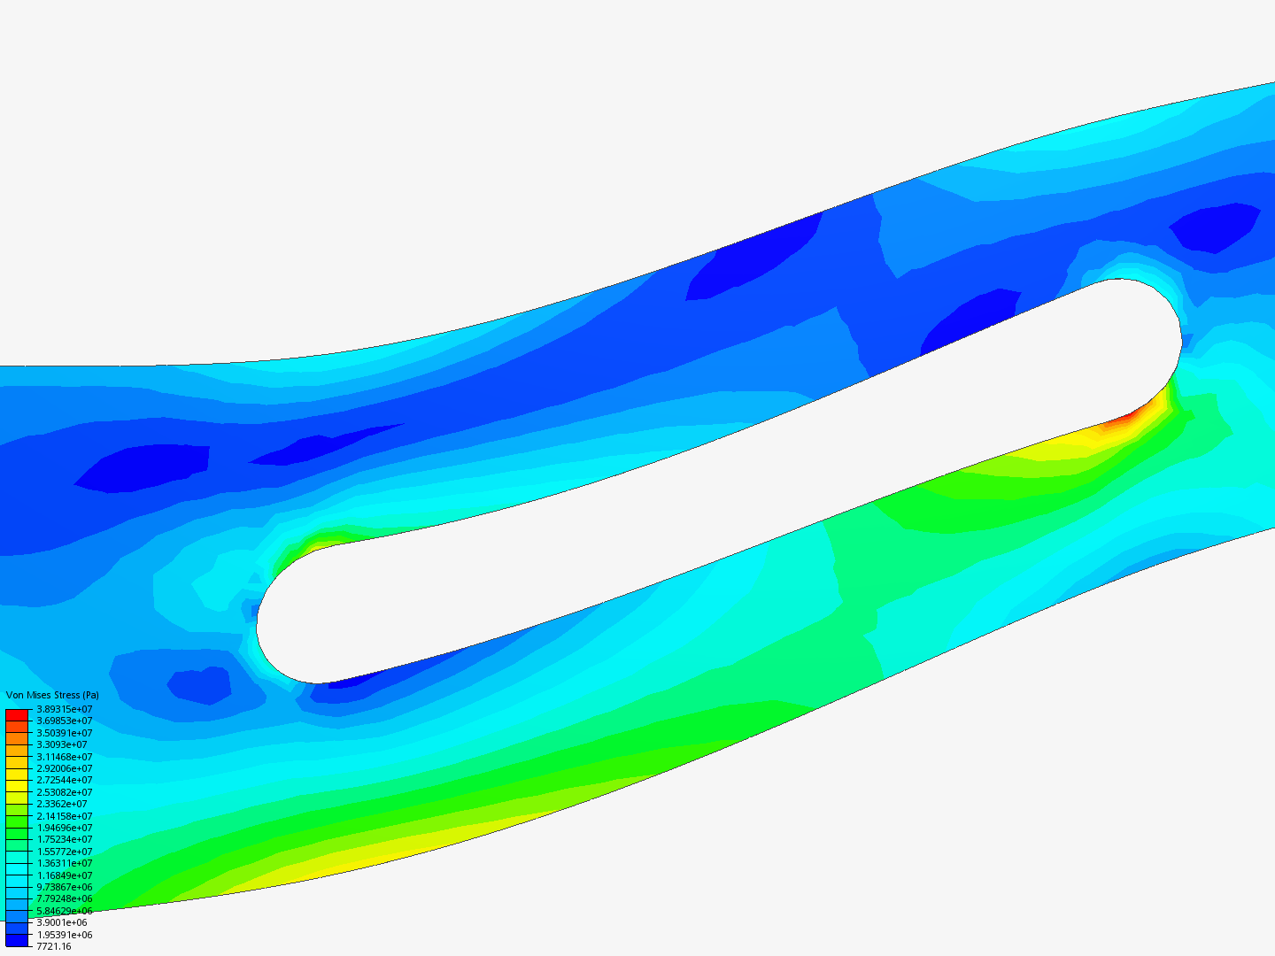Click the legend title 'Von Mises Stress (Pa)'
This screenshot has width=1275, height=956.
pos(52,695)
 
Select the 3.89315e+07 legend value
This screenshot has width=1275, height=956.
pos(65,709)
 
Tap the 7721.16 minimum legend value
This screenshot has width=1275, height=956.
pos(54,946)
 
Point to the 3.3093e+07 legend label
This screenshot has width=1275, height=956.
pos(62,744)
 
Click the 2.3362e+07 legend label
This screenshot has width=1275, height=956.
pos(62,804)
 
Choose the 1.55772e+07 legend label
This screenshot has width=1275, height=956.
pos(65,852)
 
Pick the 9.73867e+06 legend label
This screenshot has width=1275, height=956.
pos(65,887)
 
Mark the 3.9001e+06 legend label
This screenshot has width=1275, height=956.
pos(62,922)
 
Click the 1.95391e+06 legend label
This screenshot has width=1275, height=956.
pos(65,935)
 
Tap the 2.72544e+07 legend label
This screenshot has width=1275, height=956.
pos(65,780)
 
